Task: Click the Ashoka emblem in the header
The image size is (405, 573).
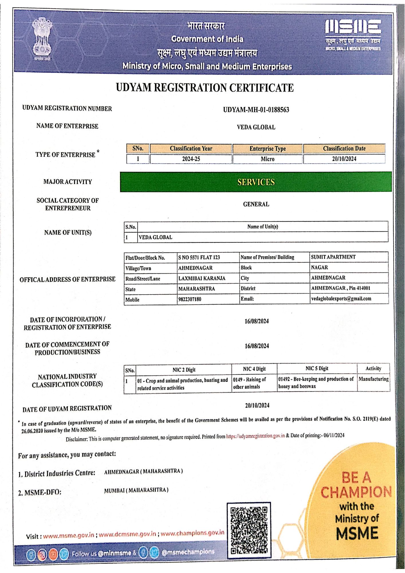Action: (42, 39)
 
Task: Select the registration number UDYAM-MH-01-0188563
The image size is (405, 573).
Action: (256, 110)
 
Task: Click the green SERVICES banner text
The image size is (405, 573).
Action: (256, 182)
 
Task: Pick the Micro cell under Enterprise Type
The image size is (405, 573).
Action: (268, 159)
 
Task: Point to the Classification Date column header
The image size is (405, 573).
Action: (344, 148)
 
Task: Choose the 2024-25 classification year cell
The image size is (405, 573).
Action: (191, 159)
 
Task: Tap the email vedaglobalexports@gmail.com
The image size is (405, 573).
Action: (341, 299)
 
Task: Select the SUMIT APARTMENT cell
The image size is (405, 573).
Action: (333, 257)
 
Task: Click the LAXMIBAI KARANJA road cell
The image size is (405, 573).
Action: (202, 278)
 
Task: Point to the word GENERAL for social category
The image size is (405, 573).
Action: (256, 204)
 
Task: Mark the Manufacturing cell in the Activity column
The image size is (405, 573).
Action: (373, 379)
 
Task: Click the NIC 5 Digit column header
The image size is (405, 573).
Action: (317, 368)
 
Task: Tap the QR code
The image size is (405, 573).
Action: (249, 530)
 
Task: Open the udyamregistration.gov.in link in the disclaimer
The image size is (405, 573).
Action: (255, 436)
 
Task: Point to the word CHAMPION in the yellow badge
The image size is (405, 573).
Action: (356, 492)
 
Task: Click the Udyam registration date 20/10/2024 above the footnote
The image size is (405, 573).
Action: (257, 405)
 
